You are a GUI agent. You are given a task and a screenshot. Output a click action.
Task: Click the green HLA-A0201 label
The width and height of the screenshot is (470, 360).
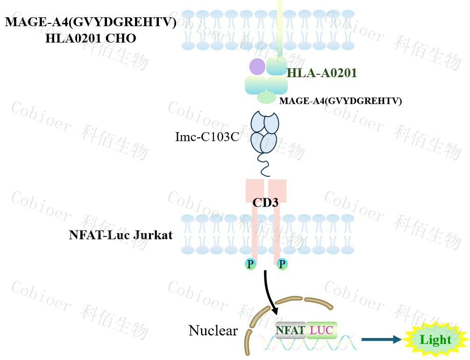click(x=322, y=72)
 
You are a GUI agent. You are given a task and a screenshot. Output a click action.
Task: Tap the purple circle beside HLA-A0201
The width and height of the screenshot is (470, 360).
click(x=257, y=66)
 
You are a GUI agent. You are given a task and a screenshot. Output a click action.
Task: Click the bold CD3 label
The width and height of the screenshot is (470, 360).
click(x=265, y=203)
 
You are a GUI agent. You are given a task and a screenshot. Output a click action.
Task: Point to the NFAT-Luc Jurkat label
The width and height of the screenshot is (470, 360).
click(x=121, y=235)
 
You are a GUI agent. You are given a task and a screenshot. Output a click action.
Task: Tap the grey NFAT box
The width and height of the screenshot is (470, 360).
click(x=290, y=331)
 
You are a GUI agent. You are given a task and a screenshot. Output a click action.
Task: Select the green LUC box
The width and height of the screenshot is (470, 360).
click(x=321, y=331)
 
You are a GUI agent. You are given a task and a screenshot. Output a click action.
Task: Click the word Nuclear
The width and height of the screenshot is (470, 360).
click(x=213, y=331)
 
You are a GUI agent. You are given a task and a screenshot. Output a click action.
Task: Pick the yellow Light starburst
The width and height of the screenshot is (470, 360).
click(x=435, y=339)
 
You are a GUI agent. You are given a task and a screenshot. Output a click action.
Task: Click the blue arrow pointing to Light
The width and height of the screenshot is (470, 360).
click(x=381, y=340)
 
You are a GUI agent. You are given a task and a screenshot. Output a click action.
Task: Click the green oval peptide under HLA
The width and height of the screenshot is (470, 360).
click(x=266, y=97)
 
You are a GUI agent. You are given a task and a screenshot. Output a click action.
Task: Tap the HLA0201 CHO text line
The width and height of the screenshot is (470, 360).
click(x=91, y=39)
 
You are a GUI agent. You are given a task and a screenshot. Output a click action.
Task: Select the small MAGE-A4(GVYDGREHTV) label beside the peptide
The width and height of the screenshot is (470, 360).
click(x=341, y=101)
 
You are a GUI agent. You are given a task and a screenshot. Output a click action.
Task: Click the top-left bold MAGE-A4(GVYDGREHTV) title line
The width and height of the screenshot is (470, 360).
click(x=91, y=22)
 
